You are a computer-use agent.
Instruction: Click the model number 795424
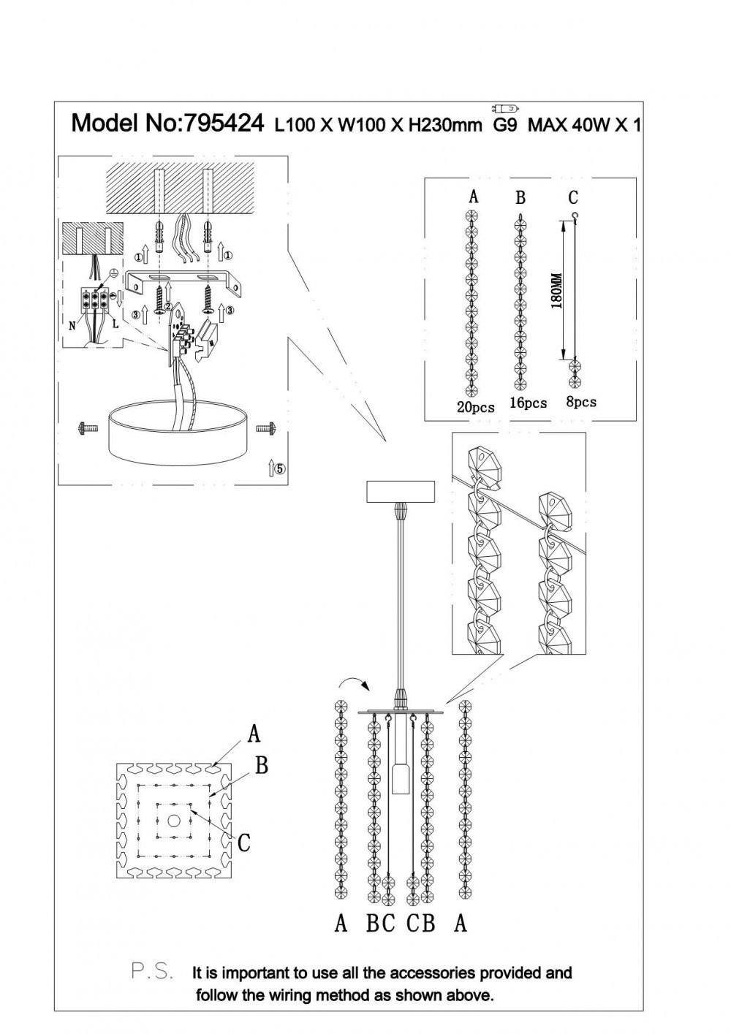click(x=223, y=123)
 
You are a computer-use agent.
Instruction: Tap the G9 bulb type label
click(x=505, y=125)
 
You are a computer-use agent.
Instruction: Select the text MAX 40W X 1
click(x=584, y=125)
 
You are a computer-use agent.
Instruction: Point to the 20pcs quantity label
click(x=475, y=406)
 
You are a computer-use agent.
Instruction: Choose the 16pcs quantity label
click(x=529, y=403)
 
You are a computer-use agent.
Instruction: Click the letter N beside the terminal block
click(x=72, y=326)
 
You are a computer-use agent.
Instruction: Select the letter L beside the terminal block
click(x=116, y=322)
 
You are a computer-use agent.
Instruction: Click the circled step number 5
click(x=281, y=469)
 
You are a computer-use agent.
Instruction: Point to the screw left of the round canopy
click(x=86, y=429)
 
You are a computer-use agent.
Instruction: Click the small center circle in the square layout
click(x=173, y=821)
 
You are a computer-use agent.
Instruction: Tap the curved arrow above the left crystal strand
click(x=354, y=684)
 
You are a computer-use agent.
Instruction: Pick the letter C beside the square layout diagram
click(x=244, y=843)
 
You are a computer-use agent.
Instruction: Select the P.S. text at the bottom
click(x=152, y=971)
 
